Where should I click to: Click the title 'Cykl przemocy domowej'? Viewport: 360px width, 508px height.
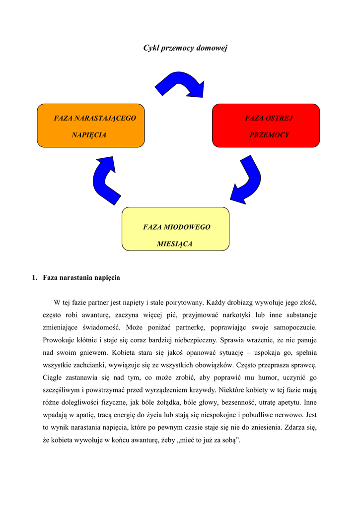click(x=185, y=48)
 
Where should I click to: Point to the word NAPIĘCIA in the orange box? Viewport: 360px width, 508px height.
click(x=89, y=135)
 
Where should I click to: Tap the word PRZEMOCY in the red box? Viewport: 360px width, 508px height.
click(x=269, y=135)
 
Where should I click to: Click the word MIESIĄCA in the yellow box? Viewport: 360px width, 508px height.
click(x=174, y=244)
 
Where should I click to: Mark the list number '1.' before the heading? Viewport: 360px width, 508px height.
click(x=35, y=278)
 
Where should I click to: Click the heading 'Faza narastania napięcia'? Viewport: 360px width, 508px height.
click(x=81, y=278)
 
